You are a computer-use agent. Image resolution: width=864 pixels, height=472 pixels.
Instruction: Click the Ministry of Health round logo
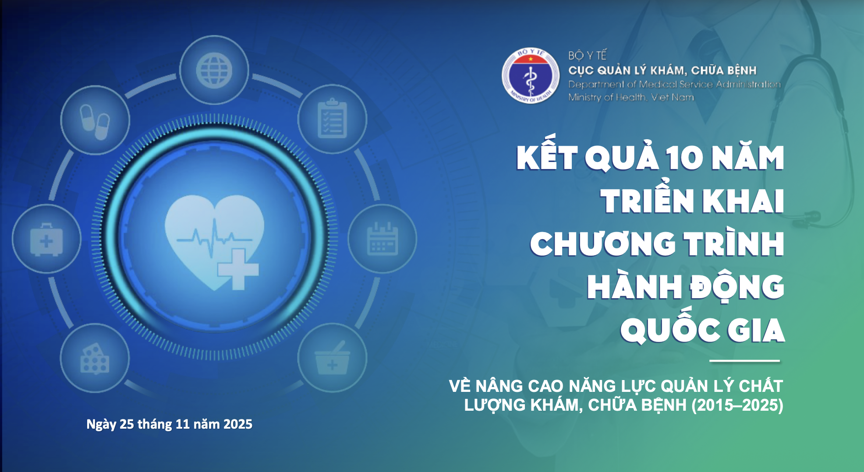click(531, 76)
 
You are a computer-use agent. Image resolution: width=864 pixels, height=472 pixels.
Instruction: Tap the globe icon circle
click(214, 70)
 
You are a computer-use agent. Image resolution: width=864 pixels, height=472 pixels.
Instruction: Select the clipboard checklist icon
click(332, 118)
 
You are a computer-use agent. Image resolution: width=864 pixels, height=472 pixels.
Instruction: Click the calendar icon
click(382, 239)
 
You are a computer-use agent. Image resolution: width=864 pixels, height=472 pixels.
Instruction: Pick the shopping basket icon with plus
click(333, 358)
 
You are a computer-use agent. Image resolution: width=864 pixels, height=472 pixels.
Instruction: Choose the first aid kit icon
click(46, 239)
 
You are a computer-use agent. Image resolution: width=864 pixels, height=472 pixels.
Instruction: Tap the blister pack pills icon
click(95, 358)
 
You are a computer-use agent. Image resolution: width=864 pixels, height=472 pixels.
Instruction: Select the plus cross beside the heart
click(238, 269)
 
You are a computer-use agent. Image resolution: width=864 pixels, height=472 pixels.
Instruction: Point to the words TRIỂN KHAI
click(692, 201)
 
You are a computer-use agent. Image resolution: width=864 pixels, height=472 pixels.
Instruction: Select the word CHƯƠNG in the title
click(603, 243)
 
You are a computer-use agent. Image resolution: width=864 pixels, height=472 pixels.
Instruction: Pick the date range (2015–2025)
click(737, 405)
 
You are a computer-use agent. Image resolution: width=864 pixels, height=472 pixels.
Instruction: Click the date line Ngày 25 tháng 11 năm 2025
click(169, 424)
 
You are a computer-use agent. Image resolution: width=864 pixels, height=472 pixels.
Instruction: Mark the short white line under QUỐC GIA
click(744, 361)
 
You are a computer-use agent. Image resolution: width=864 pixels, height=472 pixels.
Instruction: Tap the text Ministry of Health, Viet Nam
click(631, 97)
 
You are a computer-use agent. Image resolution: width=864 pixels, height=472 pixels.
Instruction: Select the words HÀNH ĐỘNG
click(686, 287)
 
